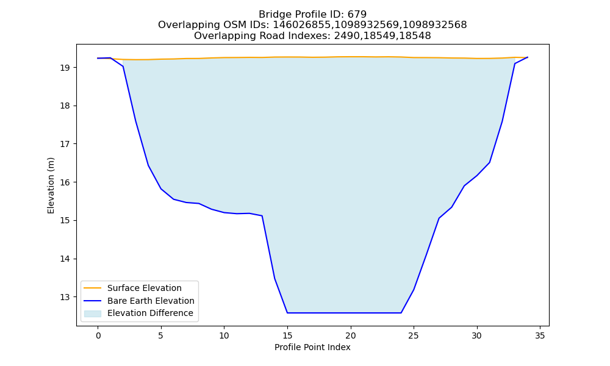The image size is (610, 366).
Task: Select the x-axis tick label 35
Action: click(540, 335)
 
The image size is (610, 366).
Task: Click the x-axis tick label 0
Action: click(98, 335)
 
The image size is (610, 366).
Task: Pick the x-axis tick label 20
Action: click(351, 335)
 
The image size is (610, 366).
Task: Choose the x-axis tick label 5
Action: click(161, 335)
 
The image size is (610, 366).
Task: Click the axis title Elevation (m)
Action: click(51, 185)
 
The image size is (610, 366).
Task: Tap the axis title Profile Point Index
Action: click(312, 347)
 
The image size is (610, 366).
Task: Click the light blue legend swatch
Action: click(93, 314)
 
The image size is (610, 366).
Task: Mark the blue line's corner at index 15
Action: click(287, 313)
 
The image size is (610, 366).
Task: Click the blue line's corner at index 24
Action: click(401, 313)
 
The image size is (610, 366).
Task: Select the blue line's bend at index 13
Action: click(262, 216)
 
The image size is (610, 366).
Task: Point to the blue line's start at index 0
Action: click(98, 59)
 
